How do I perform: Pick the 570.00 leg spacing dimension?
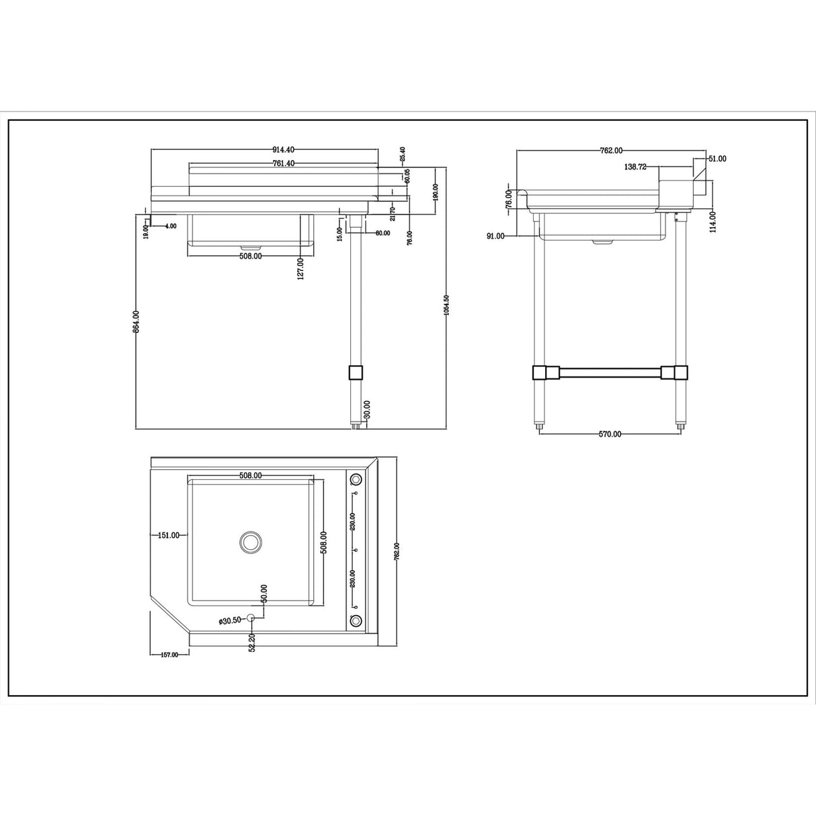[609, 434]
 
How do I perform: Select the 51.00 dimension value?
[717, 159]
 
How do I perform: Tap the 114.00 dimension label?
[712, 221]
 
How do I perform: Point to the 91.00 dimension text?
[496, 236]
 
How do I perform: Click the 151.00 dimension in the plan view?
[168, 535]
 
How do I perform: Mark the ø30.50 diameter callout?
[230, 620]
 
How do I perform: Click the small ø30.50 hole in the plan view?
[251, 618]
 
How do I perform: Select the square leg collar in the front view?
[356, 372]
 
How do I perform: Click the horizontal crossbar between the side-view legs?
[610, 372]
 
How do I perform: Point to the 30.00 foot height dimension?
[366, 410]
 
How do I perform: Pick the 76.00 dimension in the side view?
[509, 200]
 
